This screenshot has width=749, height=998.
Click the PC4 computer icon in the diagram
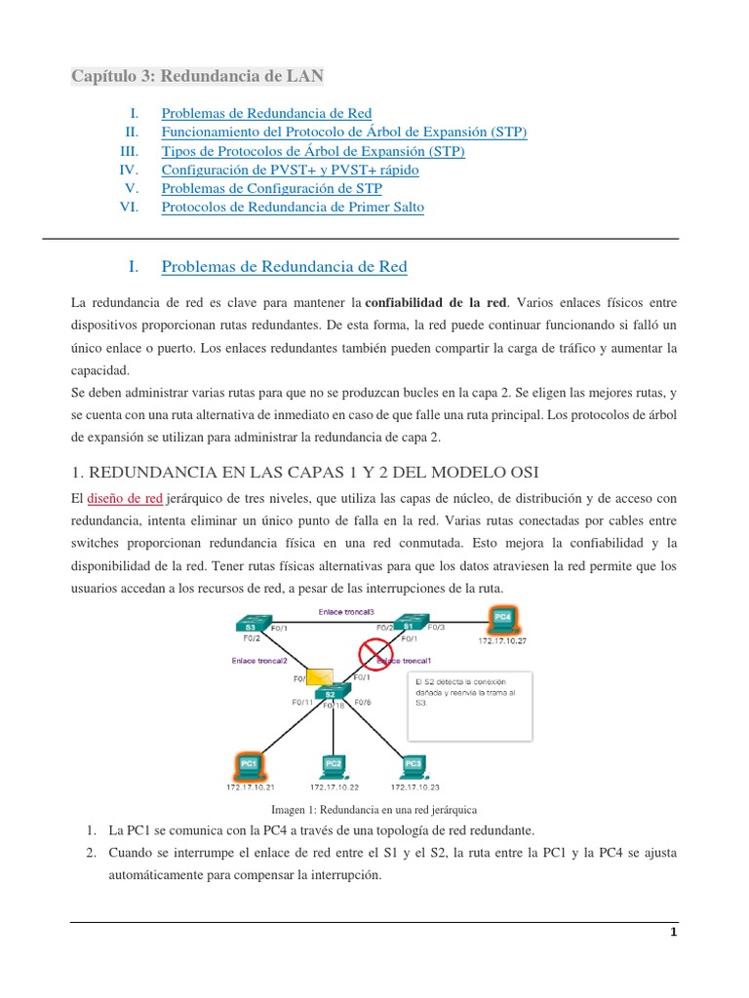point(502,618)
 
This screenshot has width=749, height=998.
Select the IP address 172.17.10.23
point(414,786)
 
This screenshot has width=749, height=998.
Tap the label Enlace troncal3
point(345,611)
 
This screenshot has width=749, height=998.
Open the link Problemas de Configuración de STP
point(271,188)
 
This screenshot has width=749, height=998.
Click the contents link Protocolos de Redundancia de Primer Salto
point(293,207)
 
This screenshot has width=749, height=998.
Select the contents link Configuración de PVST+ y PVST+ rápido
point(290,170)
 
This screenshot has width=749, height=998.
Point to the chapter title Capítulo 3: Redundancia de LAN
point(198,76)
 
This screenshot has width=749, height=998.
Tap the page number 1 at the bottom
point(673,932)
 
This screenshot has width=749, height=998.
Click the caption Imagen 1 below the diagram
point(374,810)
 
